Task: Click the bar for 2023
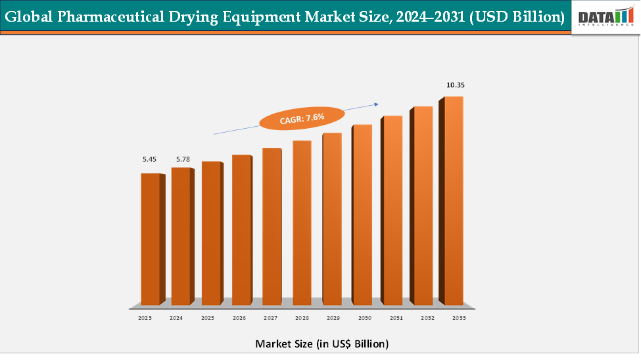(x=151, y=239)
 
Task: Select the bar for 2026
(x=241, y=230)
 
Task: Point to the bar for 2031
(x=392, y=210)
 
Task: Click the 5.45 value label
(x=151, y=160)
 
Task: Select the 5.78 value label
(x=181, y=160)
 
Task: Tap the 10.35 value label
(x=456, y=85)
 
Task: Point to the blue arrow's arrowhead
(x=377, y=103)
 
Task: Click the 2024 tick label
(x=176, y=318)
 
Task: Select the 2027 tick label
(x=270, y=318)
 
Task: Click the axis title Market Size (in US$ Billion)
(x=321, y=344)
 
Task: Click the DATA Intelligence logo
(x=605, y=16)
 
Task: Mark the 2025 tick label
(x=208, y=318)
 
